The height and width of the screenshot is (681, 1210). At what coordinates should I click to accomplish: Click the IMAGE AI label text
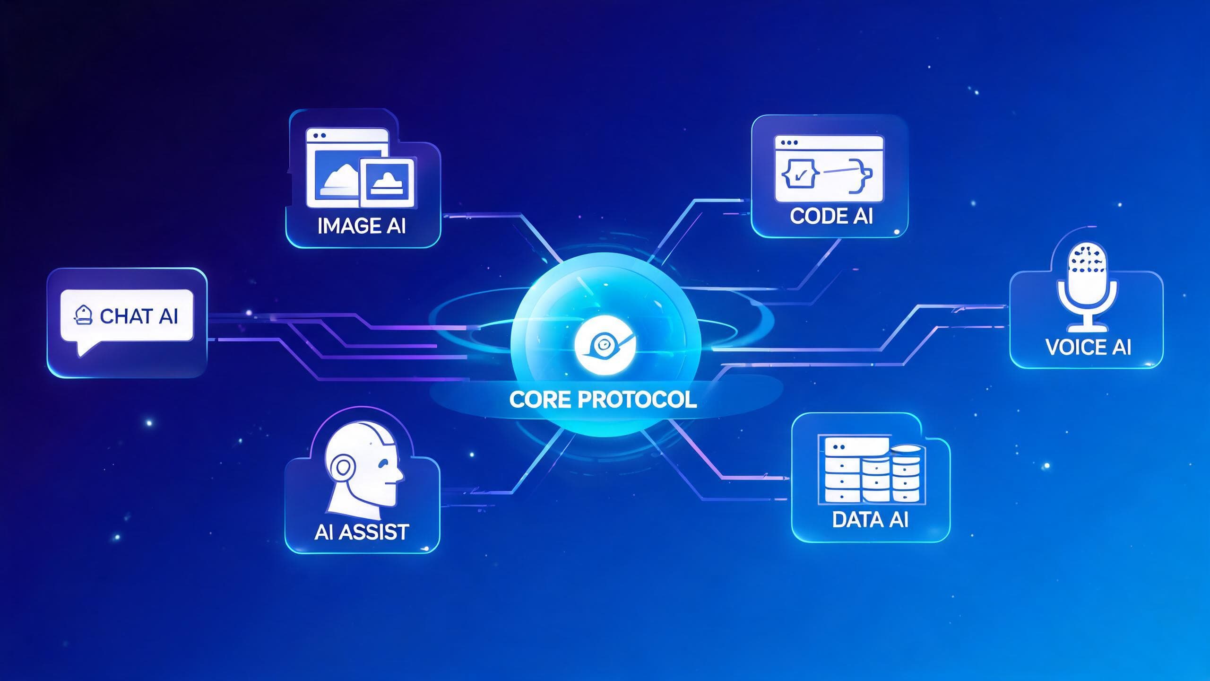[x=362, y=226]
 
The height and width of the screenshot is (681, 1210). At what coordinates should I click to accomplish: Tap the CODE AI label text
[x=831, y=216]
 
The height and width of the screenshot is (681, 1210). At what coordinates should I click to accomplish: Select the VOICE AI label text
[x=1088, y=347]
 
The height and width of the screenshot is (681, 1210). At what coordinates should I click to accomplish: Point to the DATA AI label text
[x=870, y=520]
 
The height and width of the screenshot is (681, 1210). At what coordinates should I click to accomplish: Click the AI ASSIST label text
[x=362, y=532]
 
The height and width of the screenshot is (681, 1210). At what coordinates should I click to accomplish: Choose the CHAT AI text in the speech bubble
[x=139, y=316]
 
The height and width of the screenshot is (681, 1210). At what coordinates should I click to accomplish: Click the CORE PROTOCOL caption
[x=603, y=400]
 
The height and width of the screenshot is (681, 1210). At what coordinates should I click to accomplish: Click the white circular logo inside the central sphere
[x=605, y=346]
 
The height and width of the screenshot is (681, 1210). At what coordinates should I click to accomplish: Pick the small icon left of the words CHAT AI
[x=84, y=315]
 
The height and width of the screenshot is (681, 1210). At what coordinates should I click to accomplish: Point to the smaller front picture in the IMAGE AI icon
[x=387, y=183]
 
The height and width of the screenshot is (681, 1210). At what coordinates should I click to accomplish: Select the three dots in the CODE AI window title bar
[x=789, y=142]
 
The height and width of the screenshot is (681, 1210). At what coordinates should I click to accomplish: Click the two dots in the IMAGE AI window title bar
[x=319, y=135]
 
